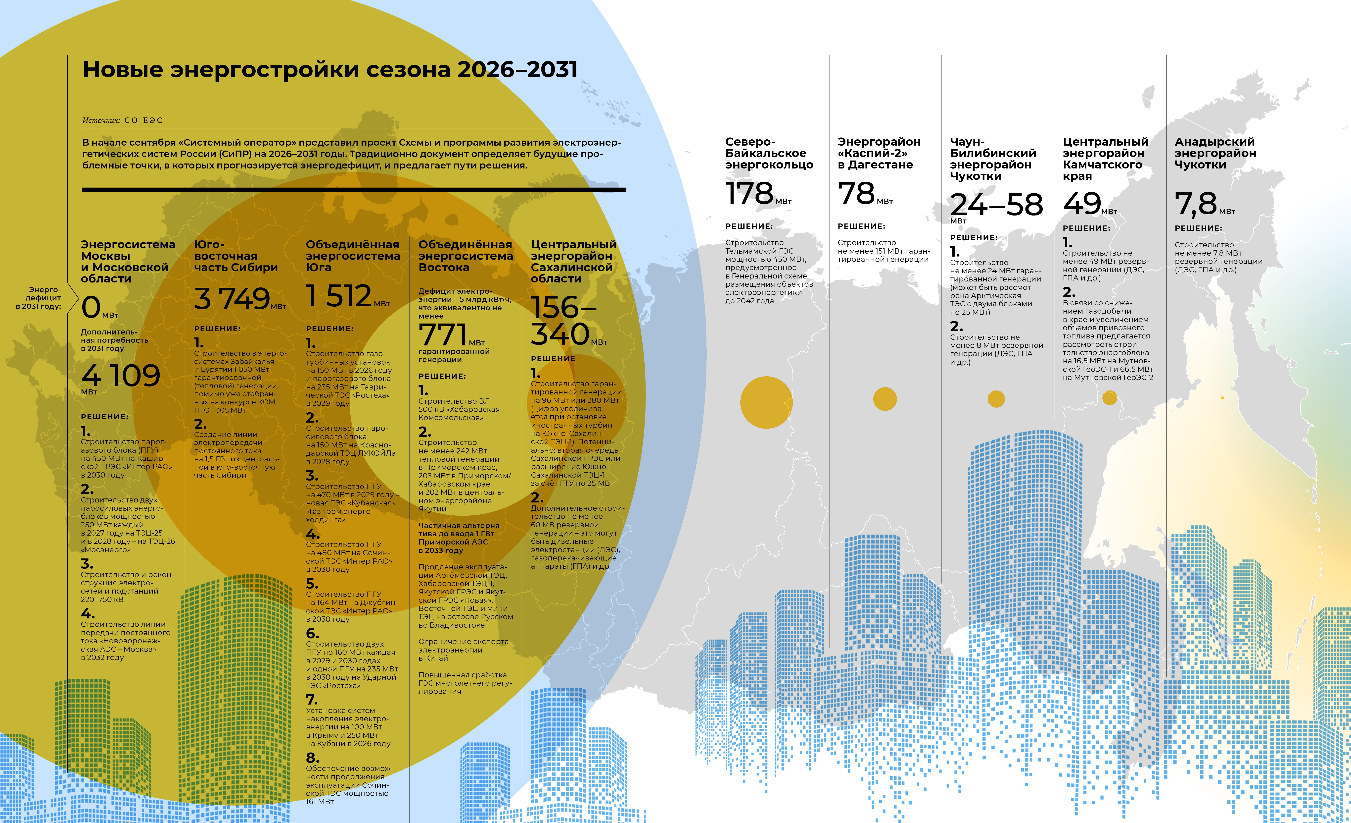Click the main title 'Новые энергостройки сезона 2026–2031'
click(x=330, y=70)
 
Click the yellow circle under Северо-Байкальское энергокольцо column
click(x=766, y=402)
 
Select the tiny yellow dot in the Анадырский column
click(x=1222, y=398)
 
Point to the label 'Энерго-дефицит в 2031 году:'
click(x=40, y=298)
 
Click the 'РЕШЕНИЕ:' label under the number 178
click(x=749, y=226)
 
